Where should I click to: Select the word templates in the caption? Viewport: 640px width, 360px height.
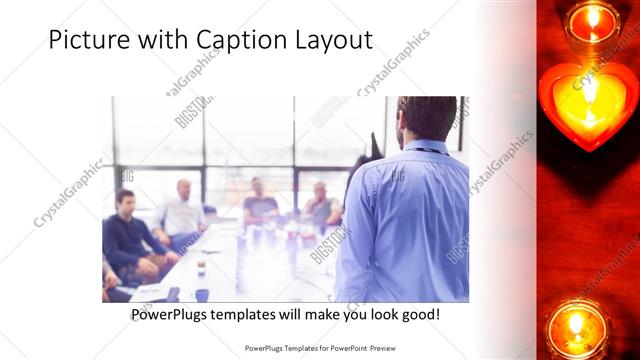tap(253, 315)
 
